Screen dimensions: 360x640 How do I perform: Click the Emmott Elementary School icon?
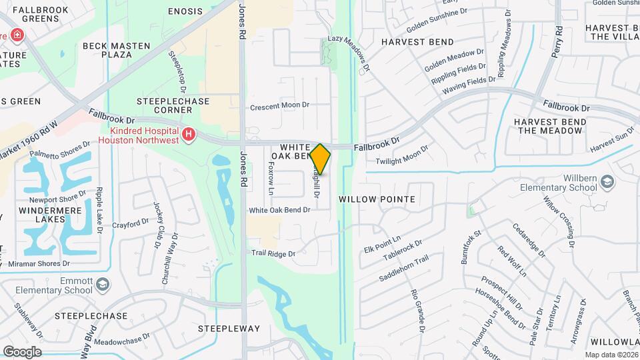pyautogui.click(x=103, y=285)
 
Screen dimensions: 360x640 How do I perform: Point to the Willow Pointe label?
pyautogui.click(x=377, y=199)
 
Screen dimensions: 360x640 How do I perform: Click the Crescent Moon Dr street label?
pyautogui.click(x=280, y=106)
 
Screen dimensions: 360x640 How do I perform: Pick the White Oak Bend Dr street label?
pyautogui.click(x=280, y=210)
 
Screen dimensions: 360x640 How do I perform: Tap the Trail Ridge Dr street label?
pyautogui.click(x=273, y=253)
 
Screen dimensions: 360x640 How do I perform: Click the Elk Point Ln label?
pyautogui.click(x=382, y=244)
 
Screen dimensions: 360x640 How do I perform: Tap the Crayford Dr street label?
pyautogui.click(x=131, y=223)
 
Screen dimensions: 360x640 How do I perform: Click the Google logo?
pyautogui.click(x=22, y=351)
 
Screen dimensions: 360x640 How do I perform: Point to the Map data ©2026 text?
pyautogui.click(x=611, y=355)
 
